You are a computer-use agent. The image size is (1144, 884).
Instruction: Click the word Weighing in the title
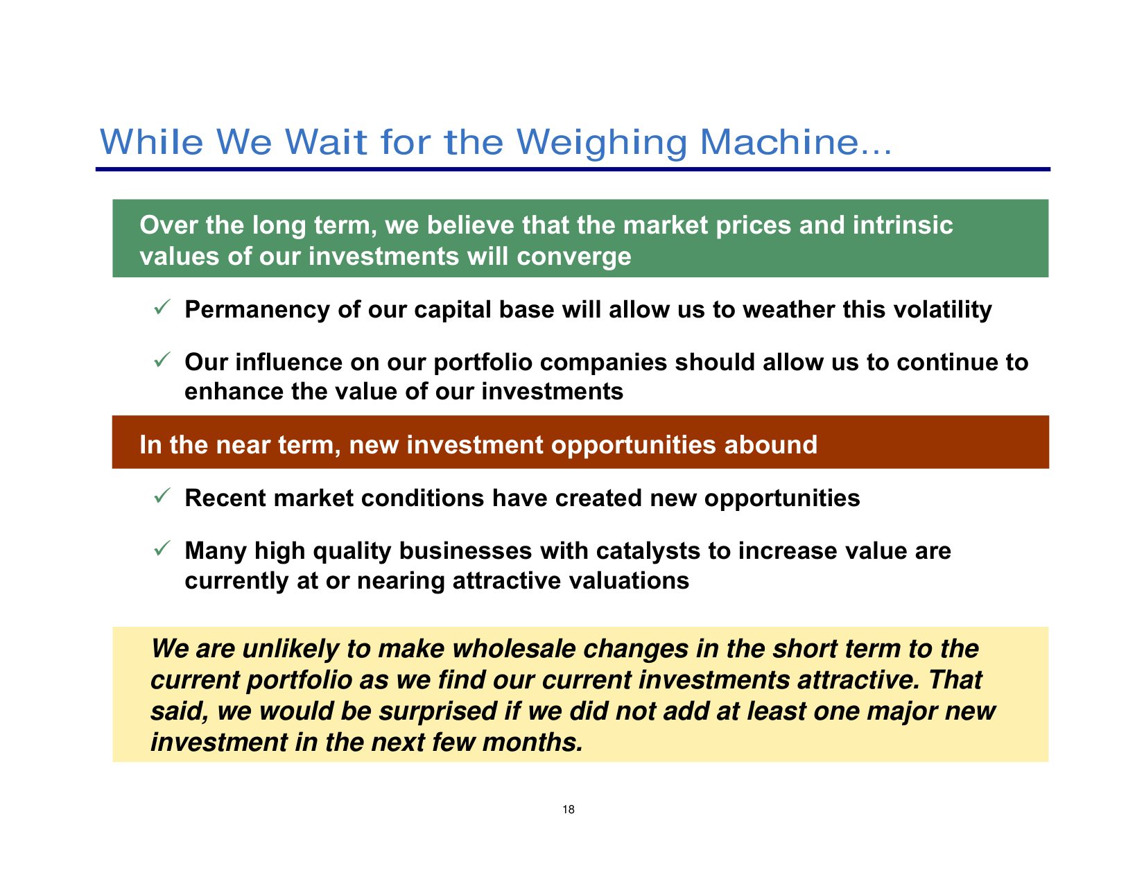point(601,143)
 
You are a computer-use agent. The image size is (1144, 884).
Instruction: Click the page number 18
point(568,809)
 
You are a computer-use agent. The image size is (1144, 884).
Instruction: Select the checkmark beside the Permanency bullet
point(162,307)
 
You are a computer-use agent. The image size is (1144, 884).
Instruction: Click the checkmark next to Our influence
point(162,360)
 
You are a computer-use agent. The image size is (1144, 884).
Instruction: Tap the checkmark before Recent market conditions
point(162,496)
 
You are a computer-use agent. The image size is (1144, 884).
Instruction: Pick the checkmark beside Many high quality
point(162,548)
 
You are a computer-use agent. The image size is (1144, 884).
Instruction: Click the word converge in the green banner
point(573,258)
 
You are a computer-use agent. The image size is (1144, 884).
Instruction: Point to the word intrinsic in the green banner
point(902,225)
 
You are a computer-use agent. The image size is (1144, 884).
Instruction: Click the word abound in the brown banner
point(770,444)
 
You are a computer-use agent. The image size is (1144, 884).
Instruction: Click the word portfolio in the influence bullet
point(483,363)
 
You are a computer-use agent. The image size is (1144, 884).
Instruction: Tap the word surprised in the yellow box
point(438,712)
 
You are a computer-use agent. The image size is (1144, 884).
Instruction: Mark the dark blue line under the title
point(573,170)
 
